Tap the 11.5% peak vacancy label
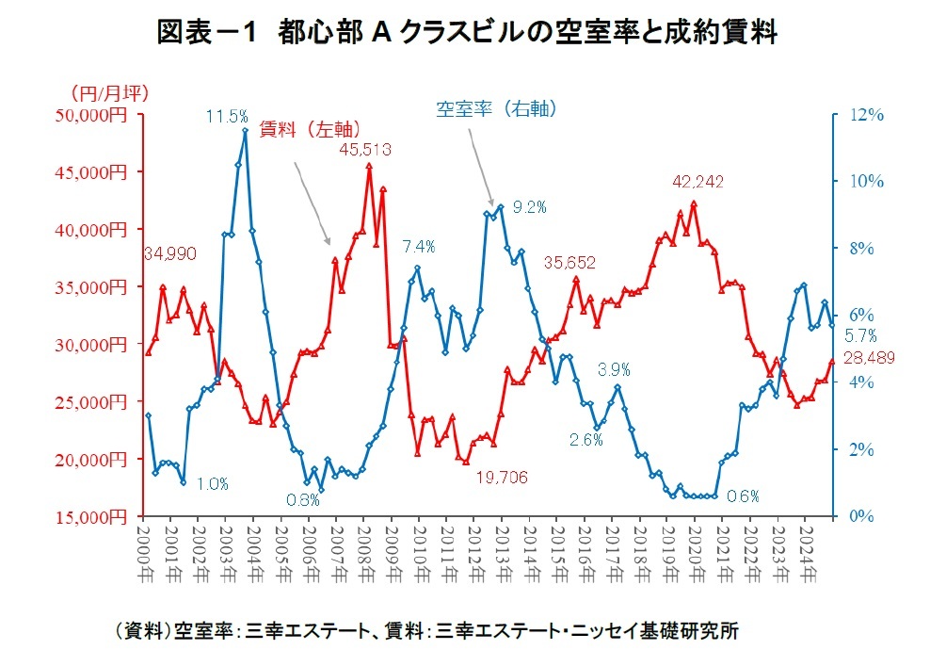(x=227, y=117)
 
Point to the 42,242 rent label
(x=697, y=182)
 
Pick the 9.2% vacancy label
(x=530, y=206)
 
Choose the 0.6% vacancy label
(x=743, y=495)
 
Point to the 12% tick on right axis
(x=866, y=115)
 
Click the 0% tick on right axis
(x=862, y=516)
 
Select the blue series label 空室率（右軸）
(x=497, y=109)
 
